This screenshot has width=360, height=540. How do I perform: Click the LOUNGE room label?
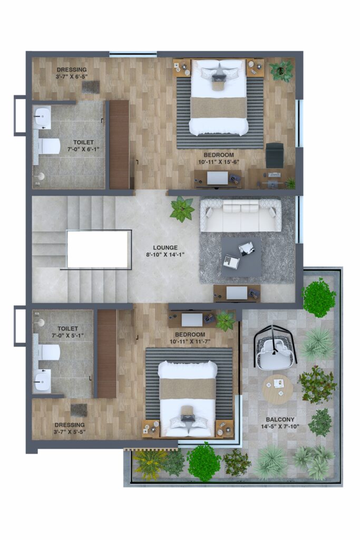click(x=165, y=247)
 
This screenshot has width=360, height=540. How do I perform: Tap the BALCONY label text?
click(x=280, y=419)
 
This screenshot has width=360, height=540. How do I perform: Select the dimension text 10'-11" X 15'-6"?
click(x=219, y=162)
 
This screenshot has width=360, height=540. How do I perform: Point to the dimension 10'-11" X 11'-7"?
click(x=190, y=341)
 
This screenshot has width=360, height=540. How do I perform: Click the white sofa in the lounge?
click(x=240, y=215)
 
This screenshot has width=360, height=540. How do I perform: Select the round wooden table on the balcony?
click(x=277, y=389)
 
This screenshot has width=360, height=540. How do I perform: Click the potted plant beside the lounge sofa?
click(x=182, y=209)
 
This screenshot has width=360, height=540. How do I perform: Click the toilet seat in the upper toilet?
click(x=49, y=147)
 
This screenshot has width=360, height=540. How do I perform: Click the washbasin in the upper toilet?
click(x=43, y=118)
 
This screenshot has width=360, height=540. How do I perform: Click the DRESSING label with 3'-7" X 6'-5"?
click(x=72, y=73)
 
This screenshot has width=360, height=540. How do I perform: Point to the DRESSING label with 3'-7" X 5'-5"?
click(x=70, y=428)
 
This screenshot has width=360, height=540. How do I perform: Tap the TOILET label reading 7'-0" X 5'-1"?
click(x=67, y=332)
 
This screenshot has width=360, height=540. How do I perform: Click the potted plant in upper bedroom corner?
click(x=281, y=71)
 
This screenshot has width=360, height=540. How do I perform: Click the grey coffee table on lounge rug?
click(x=241, y=257)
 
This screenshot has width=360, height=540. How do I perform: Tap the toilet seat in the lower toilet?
click(x=49, y=352)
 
